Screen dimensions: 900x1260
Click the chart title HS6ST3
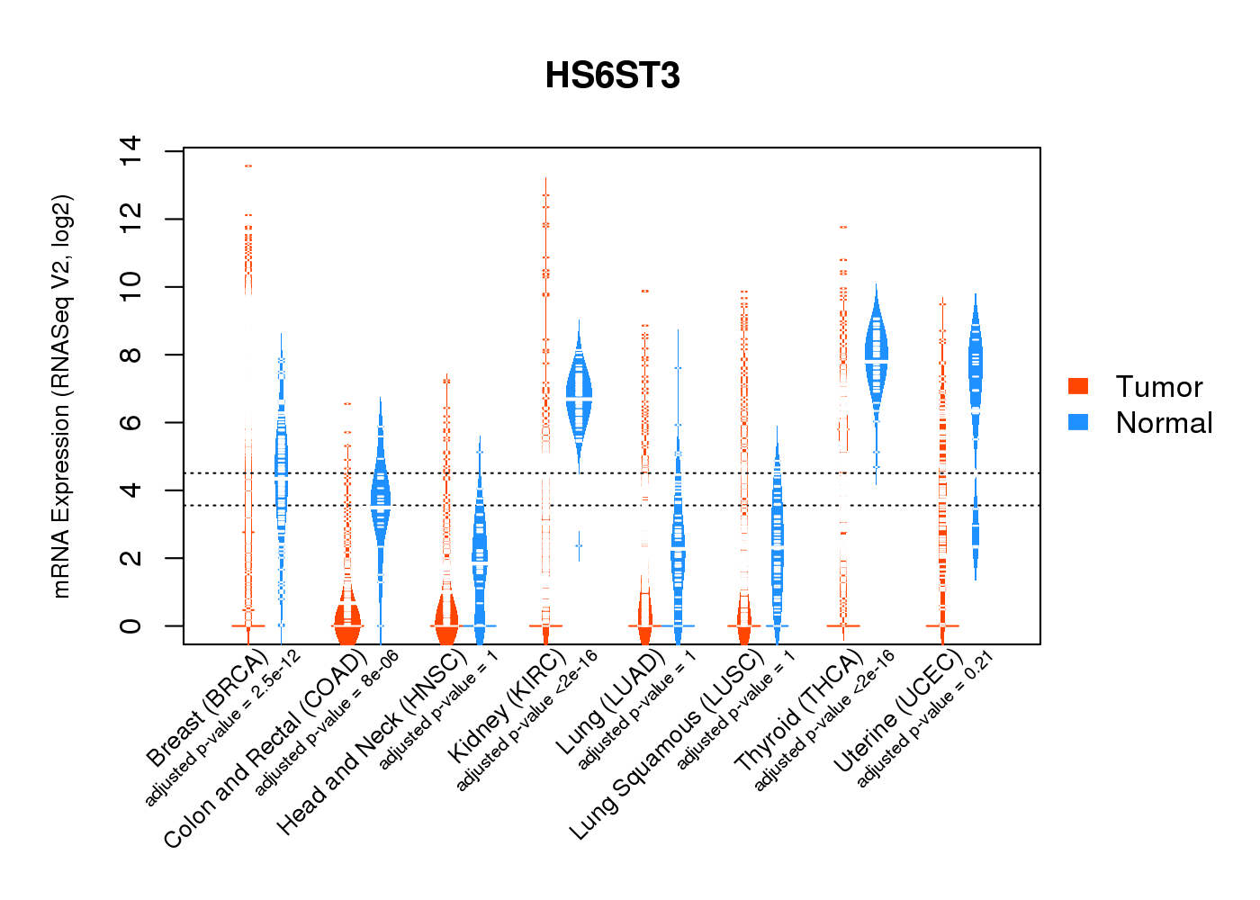[612, 76]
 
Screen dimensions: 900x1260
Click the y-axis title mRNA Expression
[62, 396]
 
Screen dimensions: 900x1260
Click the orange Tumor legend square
[1078, 386]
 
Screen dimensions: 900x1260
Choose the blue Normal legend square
[1078, 422]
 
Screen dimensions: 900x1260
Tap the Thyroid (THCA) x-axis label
[799, 711]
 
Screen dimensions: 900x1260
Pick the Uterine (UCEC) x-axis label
[898, 711]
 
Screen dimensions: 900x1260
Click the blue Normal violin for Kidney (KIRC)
[579, 396]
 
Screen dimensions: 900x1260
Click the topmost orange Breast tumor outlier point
[247, 166]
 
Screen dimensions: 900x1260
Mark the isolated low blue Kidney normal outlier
[579, 545]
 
